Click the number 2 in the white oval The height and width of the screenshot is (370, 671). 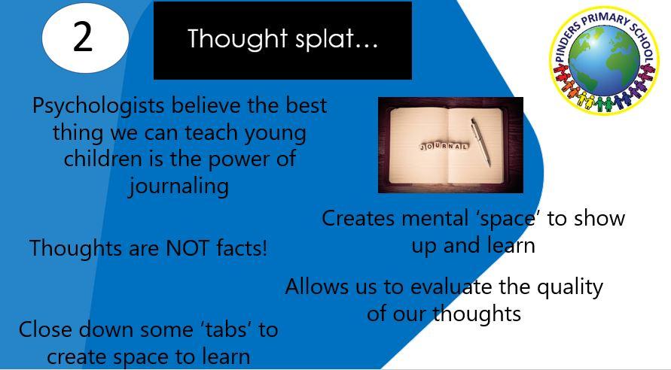pyautogui.click(x=83, y=37)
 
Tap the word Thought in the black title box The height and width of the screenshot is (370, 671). pyautogui.click(x=237, y=39)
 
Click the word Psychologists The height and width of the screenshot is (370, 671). pyautogui.click(x=98, y=106)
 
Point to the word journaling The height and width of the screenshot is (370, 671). pyautogui.click(x=179, y=187)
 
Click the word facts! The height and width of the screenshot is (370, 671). pyautogui.click(x=242, y=248)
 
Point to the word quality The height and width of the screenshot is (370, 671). pyautogui.click(x=570, y=287)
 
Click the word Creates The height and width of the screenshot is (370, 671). pyautogui.click(x=358, y=218)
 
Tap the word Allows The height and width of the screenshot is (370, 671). pyautogui.click(x=316, y=287)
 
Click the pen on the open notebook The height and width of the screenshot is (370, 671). pyautogui.click(x=481, y=142)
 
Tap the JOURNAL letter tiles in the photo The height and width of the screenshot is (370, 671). pyautogui.click(x=444, y=147)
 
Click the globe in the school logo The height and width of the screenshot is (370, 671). pyautogui.click(x=604, y=62)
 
